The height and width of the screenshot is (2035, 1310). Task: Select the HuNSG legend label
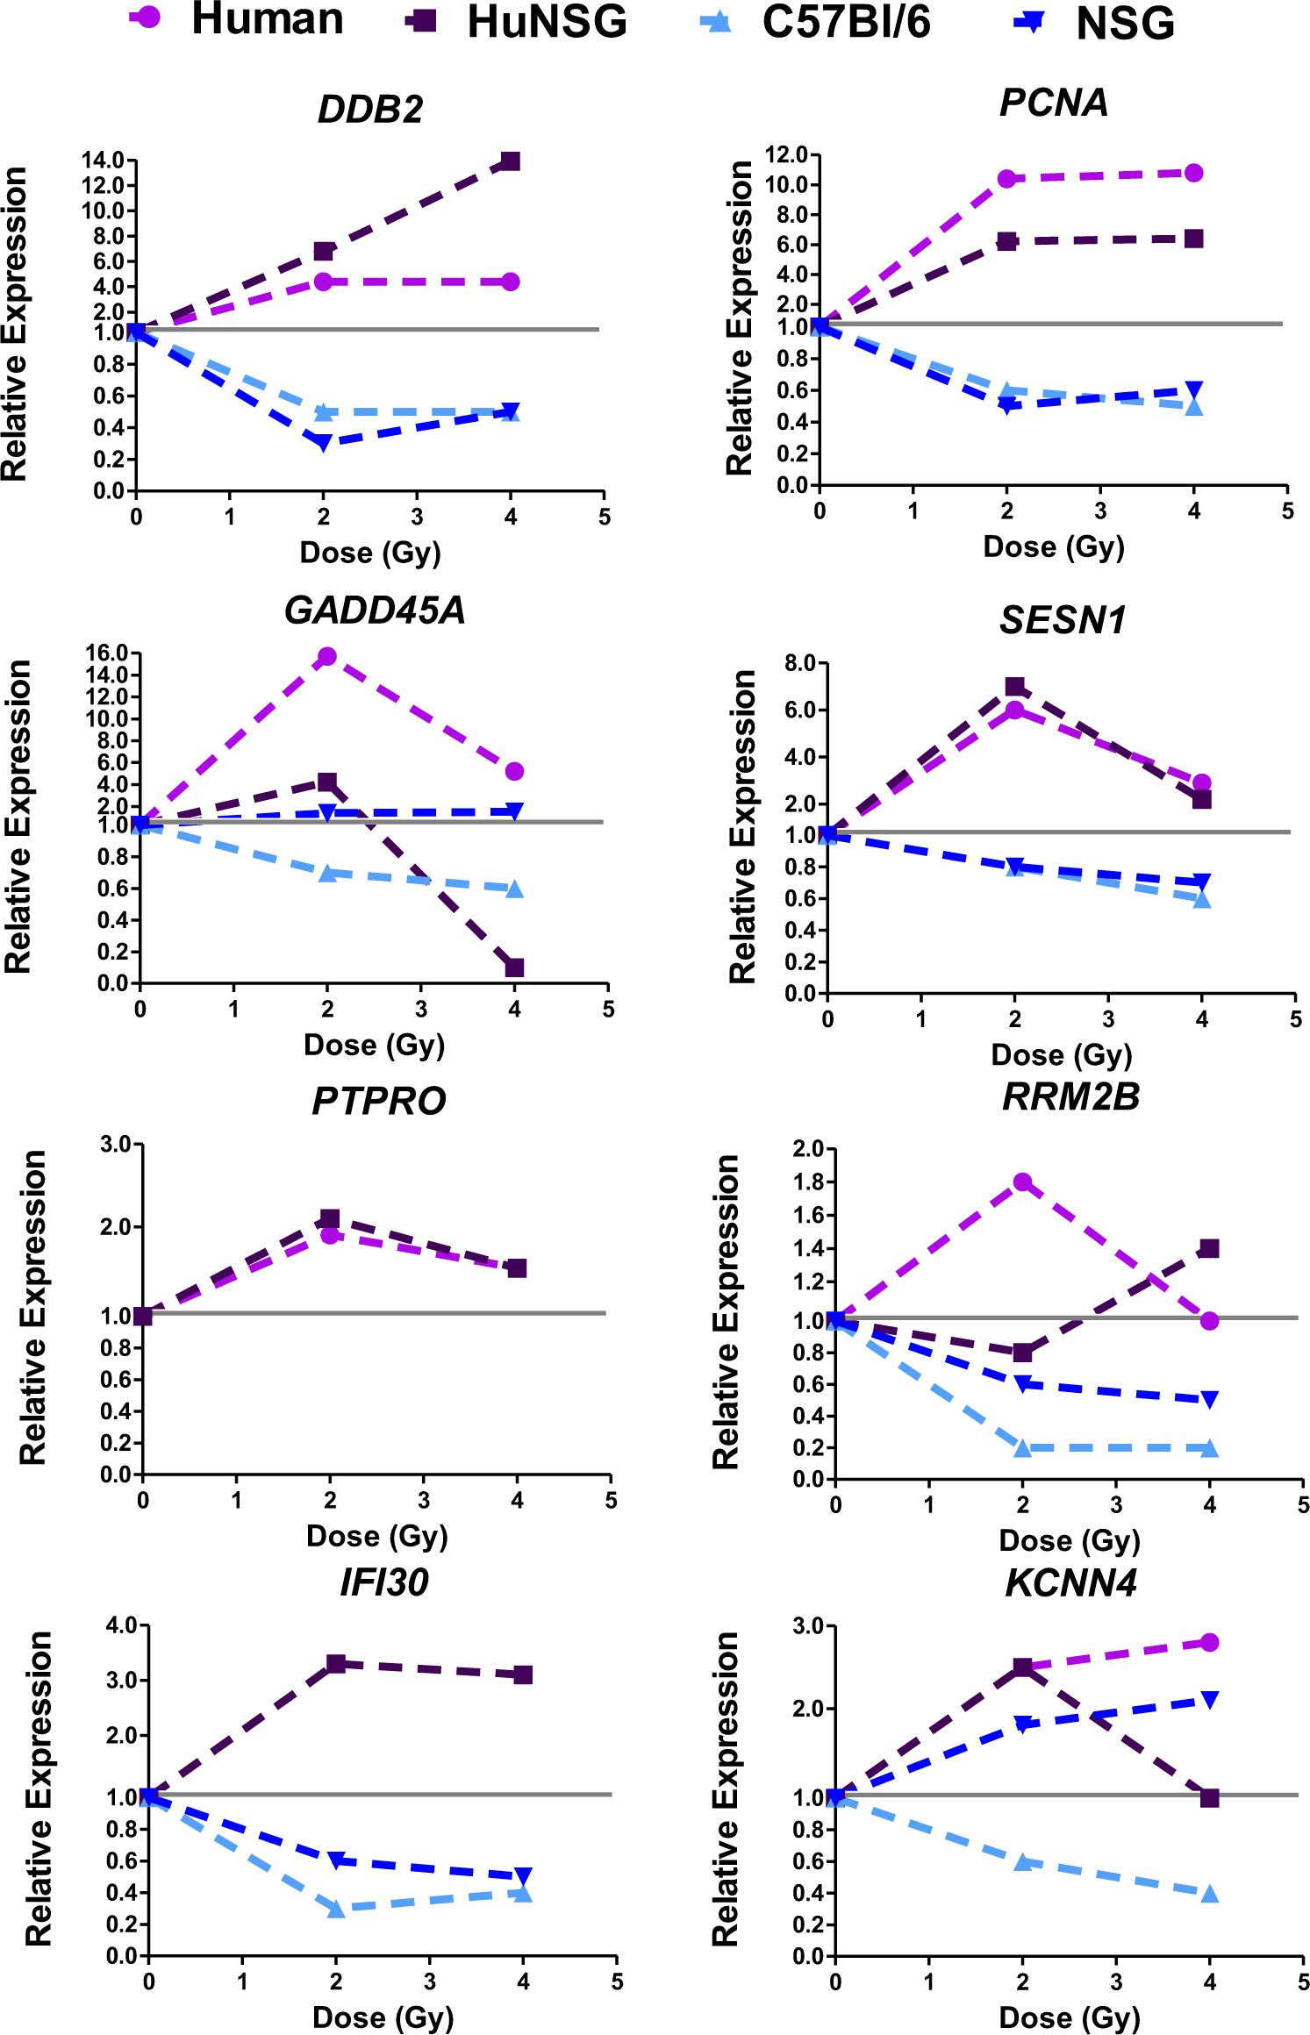547,22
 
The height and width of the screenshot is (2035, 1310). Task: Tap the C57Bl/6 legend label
846,22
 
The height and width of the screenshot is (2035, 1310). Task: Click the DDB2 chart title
369,110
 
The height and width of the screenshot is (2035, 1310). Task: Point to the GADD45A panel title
375,610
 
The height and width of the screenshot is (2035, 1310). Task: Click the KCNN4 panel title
1070,1583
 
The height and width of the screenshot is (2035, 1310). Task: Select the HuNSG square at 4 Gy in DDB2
510,161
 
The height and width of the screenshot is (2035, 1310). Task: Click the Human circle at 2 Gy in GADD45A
327,657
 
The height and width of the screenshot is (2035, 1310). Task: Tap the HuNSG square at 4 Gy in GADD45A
514,968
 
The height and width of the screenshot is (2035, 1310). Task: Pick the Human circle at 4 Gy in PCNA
1193,174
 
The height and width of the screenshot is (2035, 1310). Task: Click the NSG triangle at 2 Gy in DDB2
323,443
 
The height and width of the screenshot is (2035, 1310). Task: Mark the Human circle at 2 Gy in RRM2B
1022,1182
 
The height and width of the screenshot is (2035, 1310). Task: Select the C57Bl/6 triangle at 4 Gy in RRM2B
1209,1448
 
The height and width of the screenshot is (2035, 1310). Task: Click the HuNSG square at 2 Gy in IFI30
336,1664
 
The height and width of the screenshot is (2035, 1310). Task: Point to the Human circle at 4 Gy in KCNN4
1209,1642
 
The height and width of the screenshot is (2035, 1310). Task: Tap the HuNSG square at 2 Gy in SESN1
1014,687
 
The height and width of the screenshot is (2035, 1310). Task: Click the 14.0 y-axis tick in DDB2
103,161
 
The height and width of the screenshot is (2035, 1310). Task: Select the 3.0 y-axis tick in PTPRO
115,1144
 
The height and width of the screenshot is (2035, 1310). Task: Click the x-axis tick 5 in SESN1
1295,1019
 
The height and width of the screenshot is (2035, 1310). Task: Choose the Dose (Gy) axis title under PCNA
1053,546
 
